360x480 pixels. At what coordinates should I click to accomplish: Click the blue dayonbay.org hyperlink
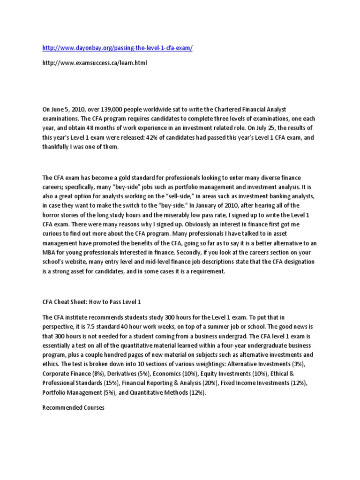click(x=117, y=49)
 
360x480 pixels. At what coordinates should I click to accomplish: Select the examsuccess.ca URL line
click(x=94, y=63)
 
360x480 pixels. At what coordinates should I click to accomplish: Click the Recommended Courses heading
click(x=73, y=407)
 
